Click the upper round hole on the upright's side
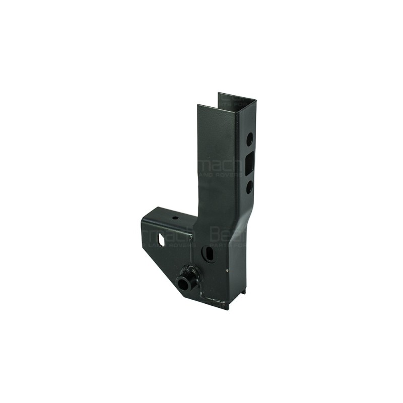click(x=249, y=140)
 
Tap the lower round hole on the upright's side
click(x=249, y=187)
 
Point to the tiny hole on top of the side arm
click(x=175, y=218)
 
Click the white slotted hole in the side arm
click(x=161, y=240)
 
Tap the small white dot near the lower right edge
click(x=228, y=271)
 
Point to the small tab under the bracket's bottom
click(x=243, y=291)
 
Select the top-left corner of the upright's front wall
click(x=198, y=106)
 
